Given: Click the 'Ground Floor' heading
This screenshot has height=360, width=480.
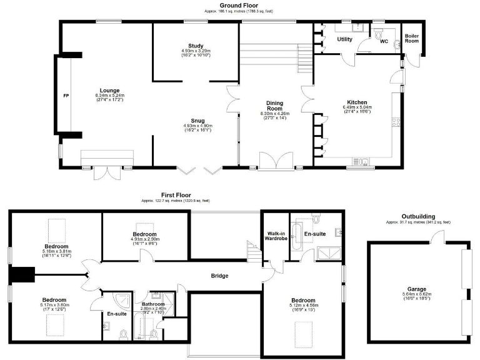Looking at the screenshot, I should (240, 5).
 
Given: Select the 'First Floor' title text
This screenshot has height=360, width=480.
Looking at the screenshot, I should (175, 194).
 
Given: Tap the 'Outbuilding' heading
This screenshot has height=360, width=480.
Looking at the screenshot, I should (417, 216).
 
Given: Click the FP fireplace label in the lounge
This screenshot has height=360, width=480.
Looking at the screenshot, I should (65, 96).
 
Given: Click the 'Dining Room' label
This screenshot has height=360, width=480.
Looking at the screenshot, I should (272, 106).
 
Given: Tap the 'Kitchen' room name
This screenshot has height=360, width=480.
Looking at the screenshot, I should (357, 102).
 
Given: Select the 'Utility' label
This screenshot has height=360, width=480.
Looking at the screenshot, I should (345, 39).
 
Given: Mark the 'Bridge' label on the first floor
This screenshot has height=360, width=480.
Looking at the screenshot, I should (219, 276).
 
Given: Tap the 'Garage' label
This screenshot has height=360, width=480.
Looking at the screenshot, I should (417, 289).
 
